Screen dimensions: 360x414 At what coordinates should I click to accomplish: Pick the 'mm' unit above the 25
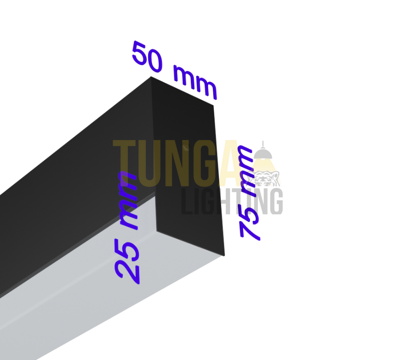click(x=128, y=200)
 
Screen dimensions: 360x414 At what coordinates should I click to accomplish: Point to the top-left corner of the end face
click(x=151, y=77)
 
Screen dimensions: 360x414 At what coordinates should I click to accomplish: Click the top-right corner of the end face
click(x=214, y=105)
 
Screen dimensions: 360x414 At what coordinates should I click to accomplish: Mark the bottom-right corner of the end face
click(x=224, y=255)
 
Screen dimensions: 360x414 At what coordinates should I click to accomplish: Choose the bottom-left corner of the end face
click(x=157, y=231)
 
